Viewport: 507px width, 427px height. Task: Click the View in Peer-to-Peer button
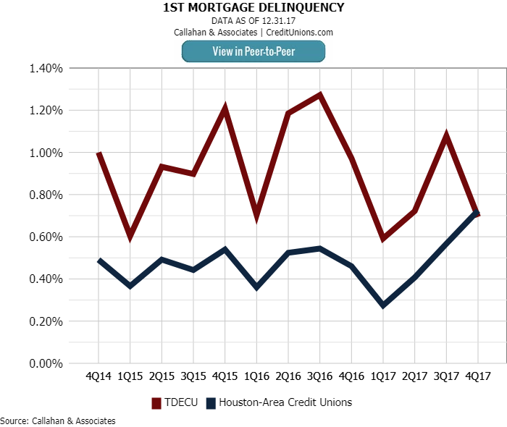tap(253, 51)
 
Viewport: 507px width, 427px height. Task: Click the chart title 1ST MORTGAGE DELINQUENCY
tap(253, 8)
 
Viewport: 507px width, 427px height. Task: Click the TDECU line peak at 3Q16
tap(319, 95)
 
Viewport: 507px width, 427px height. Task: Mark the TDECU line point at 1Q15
tap(130, 236)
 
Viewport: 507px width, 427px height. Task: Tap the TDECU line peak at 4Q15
tap(225, 109)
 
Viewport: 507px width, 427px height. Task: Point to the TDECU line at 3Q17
tap(446, 135)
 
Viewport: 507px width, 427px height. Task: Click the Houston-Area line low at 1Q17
tap(382, 305)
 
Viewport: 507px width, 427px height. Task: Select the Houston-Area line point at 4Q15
tap(225, 250)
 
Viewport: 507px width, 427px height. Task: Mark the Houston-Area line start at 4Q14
tap(99, 261)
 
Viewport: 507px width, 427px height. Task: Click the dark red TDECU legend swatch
tap(156, 402)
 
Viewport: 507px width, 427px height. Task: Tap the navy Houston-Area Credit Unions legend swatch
tap(211, 402)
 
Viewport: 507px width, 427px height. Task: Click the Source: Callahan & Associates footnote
tap(58, 420)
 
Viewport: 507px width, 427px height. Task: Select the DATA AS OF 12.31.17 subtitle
tap(253, 21)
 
